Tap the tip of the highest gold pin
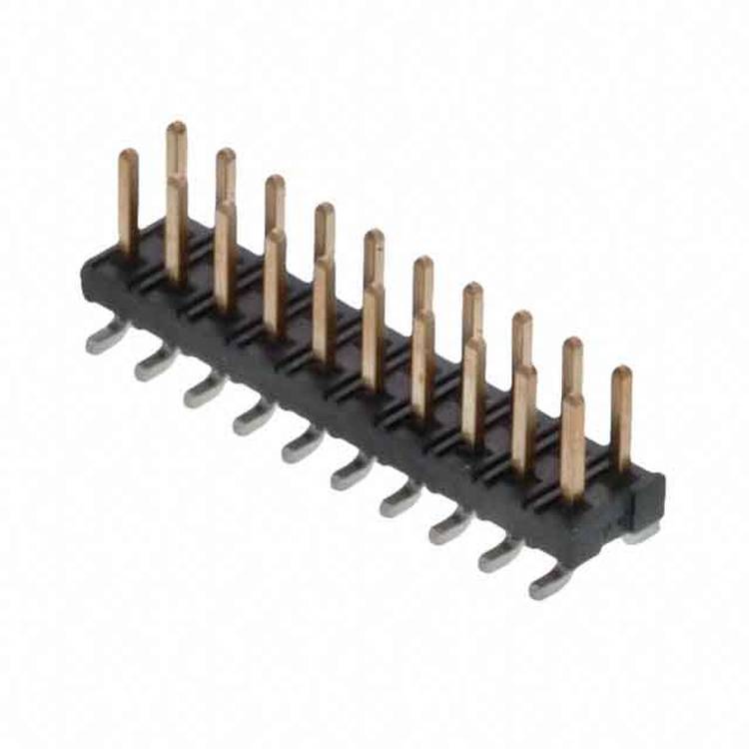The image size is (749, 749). coord(176,128)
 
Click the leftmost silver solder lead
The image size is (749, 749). coord(106,342)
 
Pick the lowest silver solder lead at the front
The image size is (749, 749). coord(550,583)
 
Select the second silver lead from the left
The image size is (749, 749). coord(155,367)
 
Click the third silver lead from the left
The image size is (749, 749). coord(204,392)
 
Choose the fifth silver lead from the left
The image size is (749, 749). coord(302,447)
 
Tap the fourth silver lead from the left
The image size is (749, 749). coord(253,419)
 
